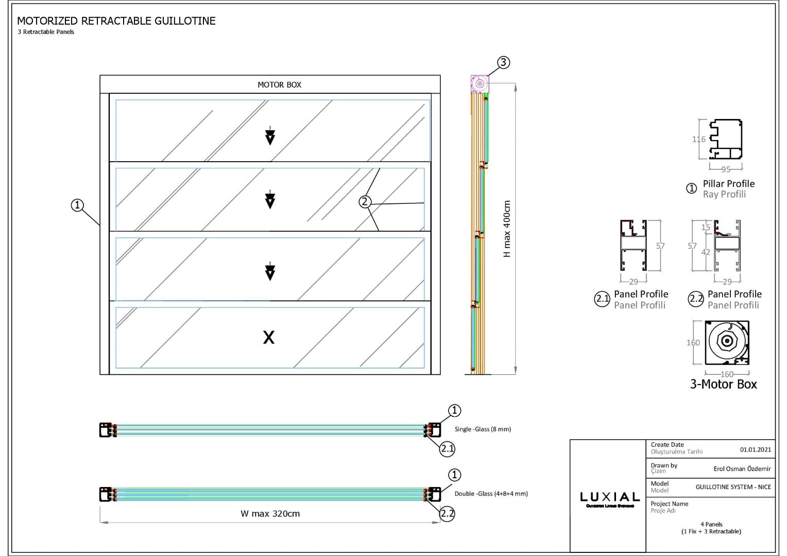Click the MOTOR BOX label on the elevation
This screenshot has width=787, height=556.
tap(279, 85)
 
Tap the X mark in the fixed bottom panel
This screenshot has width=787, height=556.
tap(269, 338)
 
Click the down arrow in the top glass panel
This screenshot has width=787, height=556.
tap(270, 136)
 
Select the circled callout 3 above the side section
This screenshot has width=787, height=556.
tap(503, 63)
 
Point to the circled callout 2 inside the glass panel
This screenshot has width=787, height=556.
tap(365, 202)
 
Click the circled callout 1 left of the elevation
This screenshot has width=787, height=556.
tap(77, 205)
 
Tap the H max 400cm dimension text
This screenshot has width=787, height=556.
tap(507, 229)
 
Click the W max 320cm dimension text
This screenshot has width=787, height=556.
tap(270, 514)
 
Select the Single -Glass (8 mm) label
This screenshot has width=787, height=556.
tap(483, 429)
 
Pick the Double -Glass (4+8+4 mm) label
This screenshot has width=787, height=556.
tap(491, 494)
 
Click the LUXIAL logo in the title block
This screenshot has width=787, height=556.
tap(610, 498)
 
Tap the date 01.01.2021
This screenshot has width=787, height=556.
tap(756, 449)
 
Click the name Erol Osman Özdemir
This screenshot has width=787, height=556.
tap(742, 469)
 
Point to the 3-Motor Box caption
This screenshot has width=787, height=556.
tap(724, 384)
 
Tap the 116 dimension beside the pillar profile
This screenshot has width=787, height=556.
tap(698, 139)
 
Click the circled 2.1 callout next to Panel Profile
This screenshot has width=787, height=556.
tap(602, 299)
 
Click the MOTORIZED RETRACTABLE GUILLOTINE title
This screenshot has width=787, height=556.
tap(116, 21)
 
